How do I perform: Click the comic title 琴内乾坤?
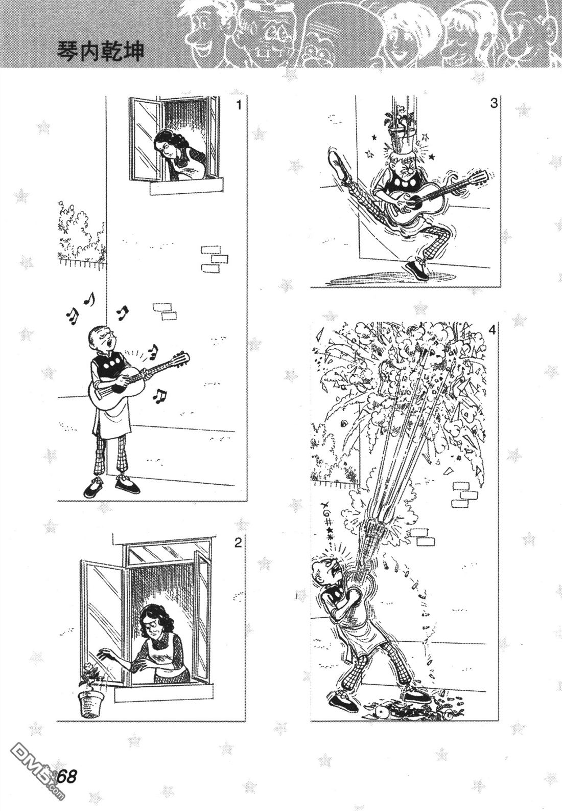click(x=101, y=51)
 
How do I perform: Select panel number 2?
click(x=238, y=543)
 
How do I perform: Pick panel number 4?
click(x=492, y=330)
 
